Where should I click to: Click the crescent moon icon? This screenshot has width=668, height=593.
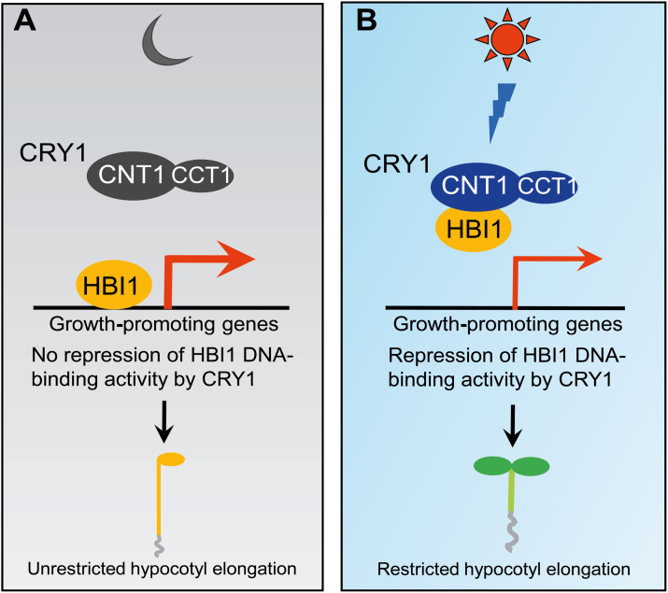(160, 40)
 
